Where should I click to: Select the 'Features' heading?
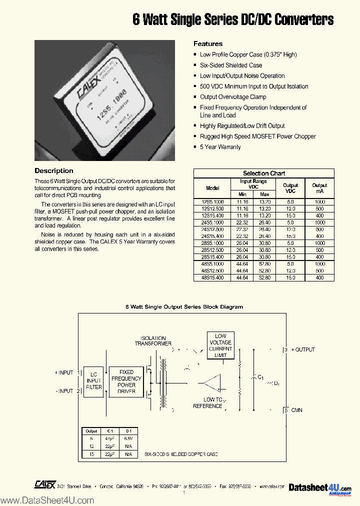(x=208, y=43)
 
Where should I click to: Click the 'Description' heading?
(x=54, y=170)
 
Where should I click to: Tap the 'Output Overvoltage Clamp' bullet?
(x=233, y=97)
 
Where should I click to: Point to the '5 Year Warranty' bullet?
(x=220, y=147)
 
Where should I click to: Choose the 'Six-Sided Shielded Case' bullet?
(x=231, y=65)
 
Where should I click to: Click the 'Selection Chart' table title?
(x=264, y=173)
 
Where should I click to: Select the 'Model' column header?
(x=212, y=188)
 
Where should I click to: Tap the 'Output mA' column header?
(x=319, y=188)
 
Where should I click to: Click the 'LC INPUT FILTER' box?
(x=93, y=380)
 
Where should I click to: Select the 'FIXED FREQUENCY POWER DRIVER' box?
(x=126, y=381)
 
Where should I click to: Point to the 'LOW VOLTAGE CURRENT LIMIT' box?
(x=220, y=345)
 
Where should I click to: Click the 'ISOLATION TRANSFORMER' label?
(x=153, y=341)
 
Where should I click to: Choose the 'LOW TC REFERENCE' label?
(x=208, y=402)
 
